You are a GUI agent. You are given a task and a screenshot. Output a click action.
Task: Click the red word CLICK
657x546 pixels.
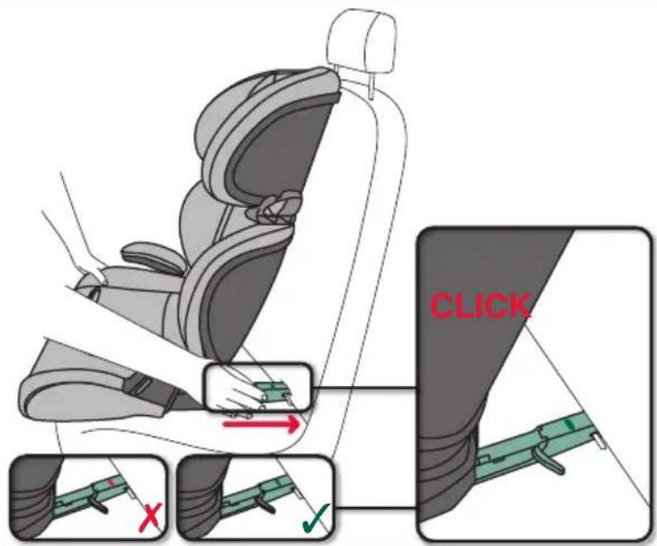[x=481, y=306]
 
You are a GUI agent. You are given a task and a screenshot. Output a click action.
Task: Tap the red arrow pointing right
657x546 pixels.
[x=262, y=424]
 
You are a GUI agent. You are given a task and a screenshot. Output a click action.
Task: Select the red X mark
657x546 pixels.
[x=151, y=518]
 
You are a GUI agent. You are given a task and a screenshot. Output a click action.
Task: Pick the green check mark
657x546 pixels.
[x=316, y=517]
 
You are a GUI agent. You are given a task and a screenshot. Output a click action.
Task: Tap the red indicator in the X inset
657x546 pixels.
[x=111, y=482]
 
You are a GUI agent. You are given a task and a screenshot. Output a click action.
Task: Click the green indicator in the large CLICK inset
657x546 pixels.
[x=568, y=424]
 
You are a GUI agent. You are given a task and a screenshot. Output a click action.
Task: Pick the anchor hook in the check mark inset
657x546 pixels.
[x=265, y=503]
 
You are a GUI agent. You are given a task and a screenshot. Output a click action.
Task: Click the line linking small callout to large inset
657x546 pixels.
[x=365, y=388]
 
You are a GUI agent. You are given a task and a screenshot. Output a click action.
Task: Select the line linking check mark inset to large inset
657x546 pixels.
[x=377, y=508]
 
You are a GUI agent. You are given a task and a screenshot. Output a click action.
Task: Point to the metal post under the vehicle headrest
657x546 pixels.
[x=371, y=86]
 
